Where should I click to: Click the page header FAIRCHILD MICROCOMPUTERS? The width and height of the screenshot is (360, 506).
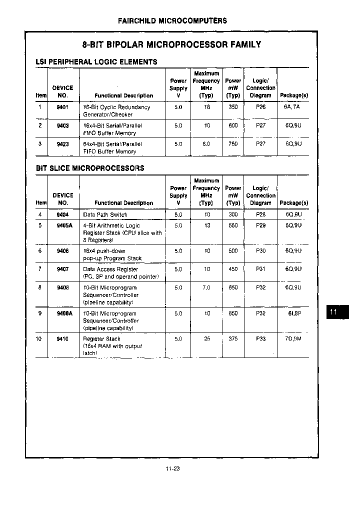[172, 20]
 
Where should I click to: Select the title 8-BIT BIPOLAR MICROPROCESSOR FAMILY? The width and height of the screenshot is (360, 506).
[171, 44]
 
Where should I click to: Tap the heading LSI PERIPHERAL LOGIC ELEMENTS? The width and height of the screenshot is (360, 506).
[96, 62]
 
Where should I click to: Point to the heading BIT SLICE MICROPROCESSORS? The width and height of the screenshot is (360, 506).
[90, 168]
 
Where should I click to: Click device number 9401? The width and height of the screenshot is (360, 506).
[62, 106]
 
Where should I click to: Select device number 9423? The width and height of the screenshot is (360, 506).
[62, 143]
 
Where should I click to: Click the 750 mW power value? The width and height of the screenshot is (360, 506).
[233, 143]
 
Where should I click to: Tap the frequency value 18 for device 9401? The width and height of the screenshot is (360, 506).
[206, 107]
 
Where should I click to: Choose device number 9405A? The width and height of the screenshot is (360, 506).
[64, 225]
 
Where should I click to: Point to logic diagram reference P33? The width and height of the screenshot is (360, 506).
[260, 338]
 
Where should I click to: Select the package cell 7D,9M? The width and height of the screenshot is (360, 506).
[293, 339]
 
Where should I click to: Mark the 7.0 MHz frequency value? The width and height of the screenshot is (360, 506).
[206, 287]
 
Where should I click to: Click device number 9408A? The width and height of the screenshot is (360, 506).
[64, 313]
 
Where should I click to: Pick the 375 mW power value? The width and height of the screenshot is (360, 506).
[233, 338]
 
